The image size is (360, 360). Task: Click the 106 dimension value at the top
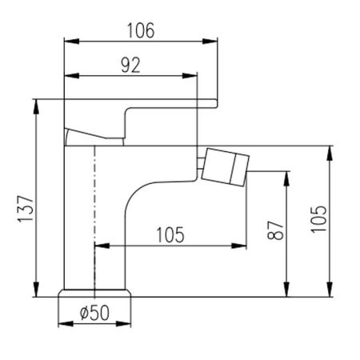[141, 30]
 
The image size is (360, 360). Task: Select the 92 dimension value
[130, 65]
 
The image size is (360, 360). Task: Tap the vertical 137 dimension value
[26, 209]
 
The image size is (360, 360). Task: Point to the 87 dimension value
[275, 230]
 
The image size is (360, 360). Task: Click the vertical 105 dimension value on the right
[318, 219]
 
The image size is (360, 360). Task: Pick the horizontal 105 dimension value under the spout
[170, 235]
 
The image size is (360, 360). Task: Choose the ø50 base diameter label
[94, 313]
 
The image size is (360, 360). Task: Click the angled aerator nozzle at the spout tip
[226, 167]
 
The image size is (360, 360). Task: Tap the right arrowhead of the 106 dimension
[210, 42]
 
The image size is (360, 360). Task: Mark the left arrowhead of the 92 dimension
[72, 75]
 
